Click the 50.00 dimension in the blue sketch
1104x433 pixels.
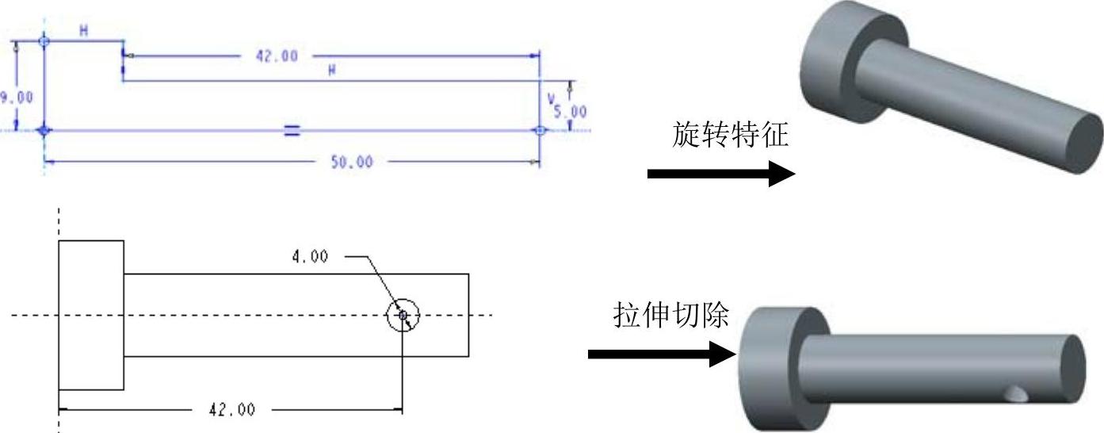tap(351, 163)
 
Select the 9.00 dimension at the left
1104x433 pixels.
tap(17, 97)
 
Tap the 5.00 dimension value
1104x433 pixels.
tap(571, 112)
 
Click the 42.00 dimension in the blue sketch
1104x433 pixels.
tap(276, 56)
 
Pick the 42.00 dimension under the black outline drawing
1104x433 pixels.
tap(231, 410)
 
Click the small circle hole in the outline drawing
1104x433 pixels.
tap(403, 316)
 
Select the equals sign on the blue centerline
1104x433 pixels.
tap(292, 131)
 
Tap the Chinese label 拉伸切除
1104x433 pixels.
tap(670, 315)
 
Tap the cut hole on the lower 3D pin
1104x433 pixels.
tap(1015, 393)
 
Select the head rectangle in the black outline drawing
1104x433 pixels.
tap(91, 315)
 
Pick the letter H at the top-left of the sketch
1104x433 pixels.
tap(82, 31)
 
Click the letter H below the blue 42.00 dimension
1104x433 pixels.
tap(332, 70)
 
